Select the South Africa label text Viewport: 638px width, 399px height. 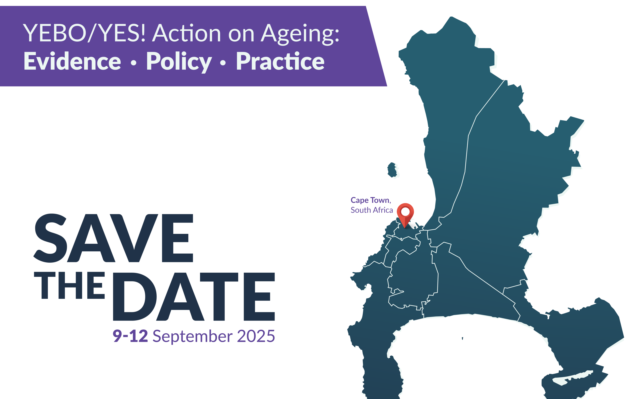pyautogui.click(x=372, y=210)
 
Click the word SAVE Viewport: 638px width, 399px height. pyautogui.click(x=113, y=238)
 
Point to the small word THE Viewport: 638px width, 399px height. pyautogui.click(x=69, y=285)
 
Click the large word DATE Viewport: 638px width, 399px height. pyautogui.click(x=194, y=297)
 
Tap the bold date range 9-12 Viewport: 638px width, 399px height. pyautogui.click(x=130, y=336)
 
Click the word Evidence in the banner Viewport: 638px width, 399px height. pyautogui.click(x=72, y=61)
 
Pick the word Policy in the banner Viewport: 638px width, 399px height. pyautogui.click(x=179, y=62)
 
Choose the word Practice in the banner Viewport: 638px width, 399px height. pyautogui.click(x=280, y=61)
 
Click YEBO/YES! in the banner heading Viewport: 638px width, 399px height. pyautogui.click(x=84, y=33)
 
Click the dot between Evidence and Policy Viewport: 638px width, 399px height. pyautogui.click(x=134, y=63)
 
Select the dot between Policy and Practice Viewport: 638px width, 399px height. pyautogui.click(x=223, y=63)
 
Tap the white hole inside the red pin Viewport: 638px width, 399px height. pyautogui.click(x=405, y=211)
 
